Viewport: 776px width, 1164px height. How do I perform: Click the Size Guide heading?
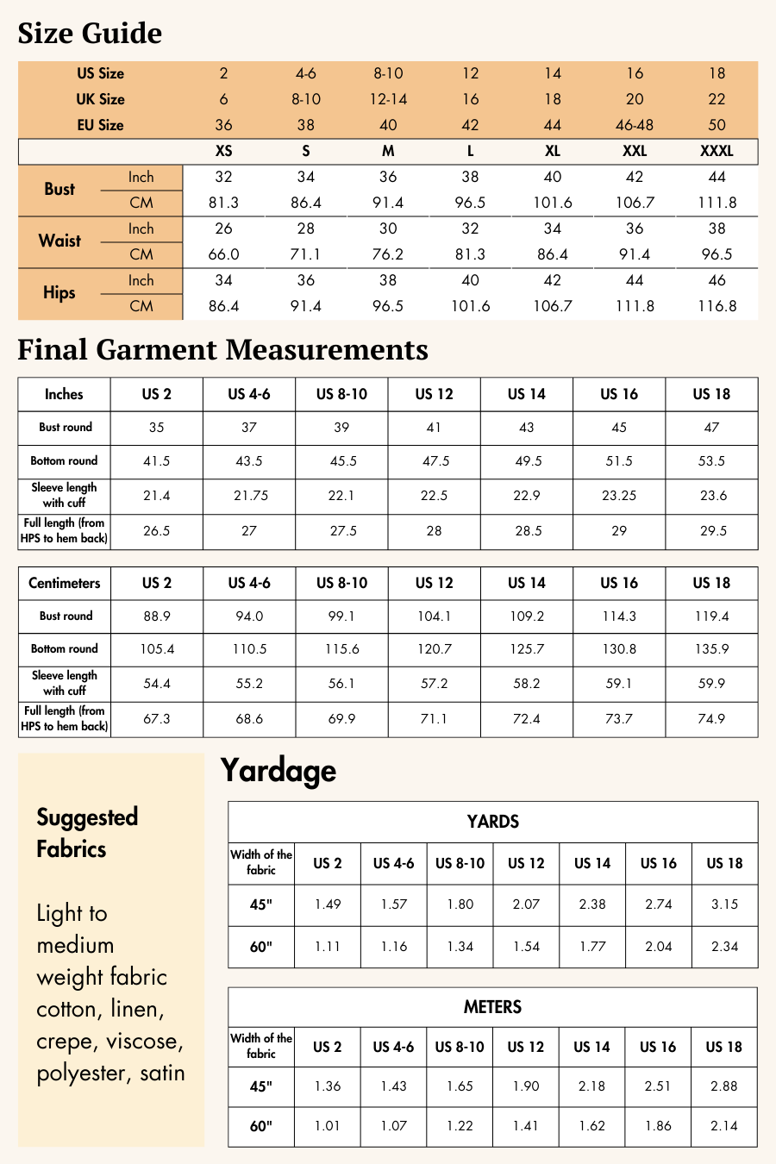pos(90,34)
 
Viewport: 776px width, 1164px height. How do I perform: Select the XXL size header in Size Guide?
pos(635,151)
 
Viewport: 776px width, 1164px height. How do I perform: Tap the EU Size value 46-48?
pos(635,125)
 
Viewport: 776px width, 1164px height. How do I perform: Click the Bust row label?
pos(59,189)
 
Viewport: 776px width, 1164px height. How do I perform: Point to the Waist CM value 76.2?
pos(388,254)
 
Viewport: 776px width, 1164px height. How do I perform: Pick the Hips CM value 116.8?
pos(717,306)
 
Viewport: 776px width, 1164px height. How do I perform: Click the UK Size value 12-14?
pos(388,99)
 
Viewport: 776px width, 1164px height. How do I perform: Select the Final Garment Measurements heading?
pos(222,350)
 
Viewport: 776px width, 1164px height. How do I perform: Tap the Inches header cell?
pos(64,394)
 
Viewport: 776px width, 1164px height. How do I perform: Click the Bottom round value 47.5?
pos(435,461)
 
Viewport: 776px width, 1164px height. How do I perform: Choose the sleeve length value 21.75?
pos(249,496)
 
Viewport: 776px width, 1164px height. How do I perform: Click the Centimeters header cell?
pos(64,583)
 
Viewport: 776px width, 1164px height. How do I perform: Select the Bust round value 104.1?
pos(434,616)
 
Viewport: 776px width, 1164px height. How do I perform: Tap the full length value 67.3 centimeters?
pos(157,718)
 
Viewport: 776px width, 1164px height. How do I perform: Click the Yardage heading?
pos(278,771)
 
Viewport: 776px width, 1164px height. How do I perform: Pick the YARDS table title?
pos(492,822)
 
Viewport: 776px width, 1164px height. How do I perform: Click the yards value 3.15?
pos(724,904)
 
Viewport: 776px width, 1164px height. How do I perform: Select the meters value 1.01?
pos(328,1126)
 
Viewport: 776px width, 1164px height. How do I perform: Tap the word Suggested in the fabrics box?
pos(87,817)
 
